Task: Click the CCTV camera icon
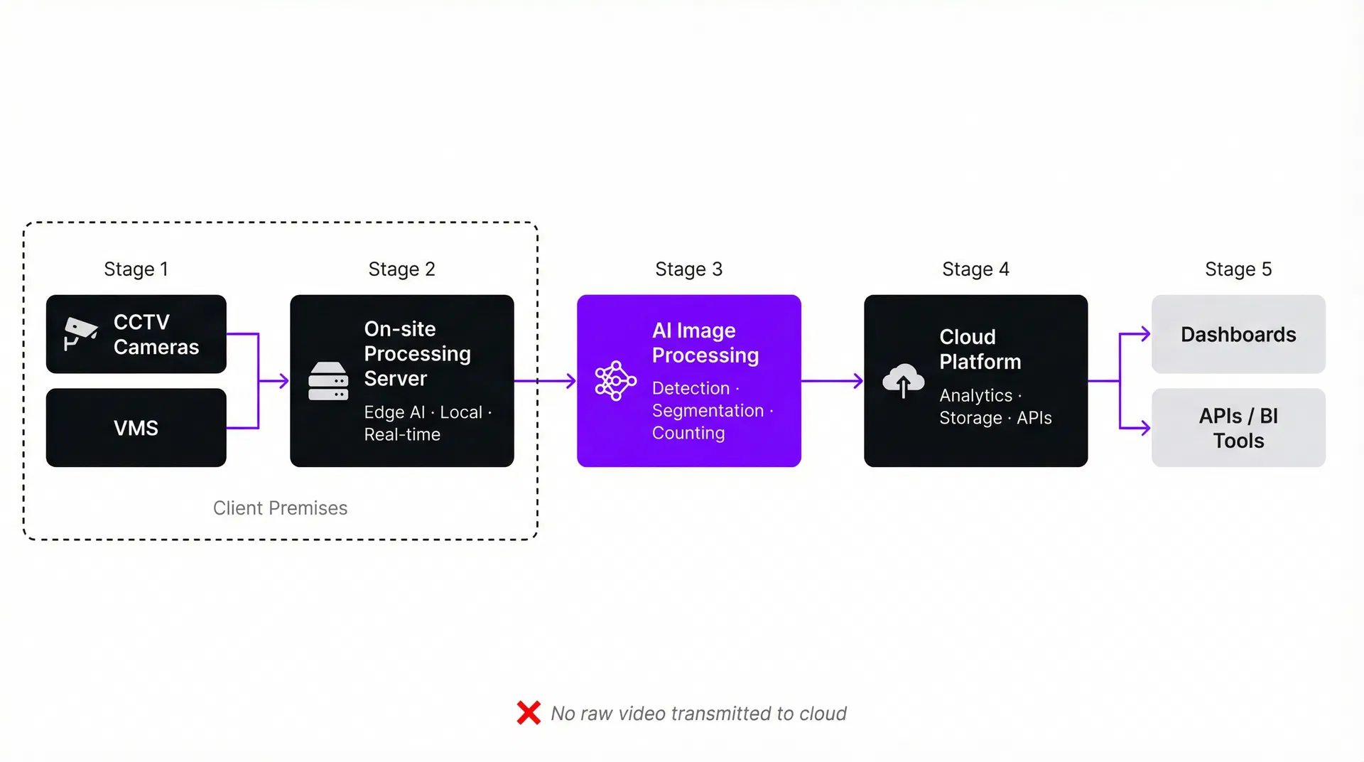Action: click(80, 333)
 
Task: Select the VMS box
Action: click(136, 428)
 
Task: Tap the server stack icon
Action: click(328, 382)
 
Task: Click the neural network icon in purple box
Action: click(615, 381)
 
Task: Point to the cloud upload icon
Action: click(903, 381)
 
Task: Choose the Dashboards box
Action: click(1238, 334)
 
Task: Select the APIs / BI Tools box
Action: click(1238, 428)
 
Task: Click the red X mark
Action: click(529, 713)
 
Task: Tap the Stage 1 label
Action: click(136, 269)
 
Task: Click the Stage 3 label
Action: click(688, 269)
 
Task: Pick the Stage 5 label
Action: click(1238, 269)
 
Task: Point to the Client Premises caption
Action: click(280, 508)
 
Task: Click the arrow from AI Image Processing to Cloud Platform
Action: click(832, 381)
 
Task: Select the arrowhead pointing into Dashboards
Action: click(1144, 334)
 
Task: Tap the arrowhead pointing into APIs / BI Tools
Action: click(1144, 428)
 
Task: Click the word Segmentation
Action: click(708, 411)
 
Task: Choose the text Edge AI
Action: click(394, 412)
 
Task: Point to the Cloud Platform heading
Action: click(980, 349)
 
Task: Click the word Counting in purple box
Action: click(688, 433)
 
